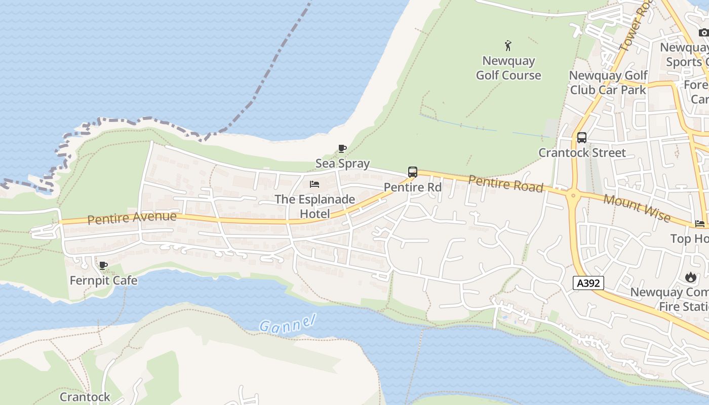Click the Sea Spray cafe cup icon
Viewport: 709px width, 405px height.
[x=342, y=148]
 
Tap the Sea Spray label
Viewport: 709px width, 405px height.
[x=342, y=164]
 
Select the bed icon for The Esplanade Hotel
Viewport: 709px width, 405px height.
[x=314, y=184]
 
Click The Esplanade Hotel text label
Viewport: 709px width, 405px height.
[x=314, y=207]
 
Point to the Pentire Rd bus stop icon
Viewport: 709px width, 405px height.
[x=413, y=172]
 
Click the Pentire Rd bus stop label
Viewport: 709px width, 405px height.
[x=413, y=187]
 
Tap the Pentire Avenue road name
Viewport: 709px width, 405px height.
[x=132, y=218]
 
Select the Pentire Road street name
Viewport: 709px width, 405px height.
[x=505, y=183]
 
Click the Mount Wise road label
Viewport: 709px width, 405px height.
[x=637, y=208]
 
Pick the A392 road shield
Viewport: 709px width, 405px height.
[x=588, y=283]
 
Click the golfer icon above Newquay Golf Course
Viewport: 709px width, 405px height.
[x=508, y=46]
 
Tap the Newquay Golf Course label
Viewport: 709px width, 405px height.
[x=508, y=68]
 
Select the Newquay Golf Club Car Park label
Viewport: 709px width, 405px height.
[x=608, y=83]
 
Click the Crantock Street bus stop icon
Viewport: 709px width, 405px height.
[x=582, y=137]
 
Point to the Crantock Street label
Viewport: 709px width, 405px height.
[x=582, y=152]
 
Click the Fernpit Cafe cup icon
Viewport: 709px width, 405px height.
[x=103, y=265]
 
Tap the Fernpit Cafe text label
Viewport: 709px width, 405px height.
[x=103, y=280]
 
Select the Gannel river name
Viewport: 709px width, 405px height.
[x=287, y=323]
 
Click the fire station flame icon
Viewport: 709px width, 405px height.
[x=690, y=277]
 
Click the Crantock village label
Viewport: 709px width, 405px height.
[x=85, y=396]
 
